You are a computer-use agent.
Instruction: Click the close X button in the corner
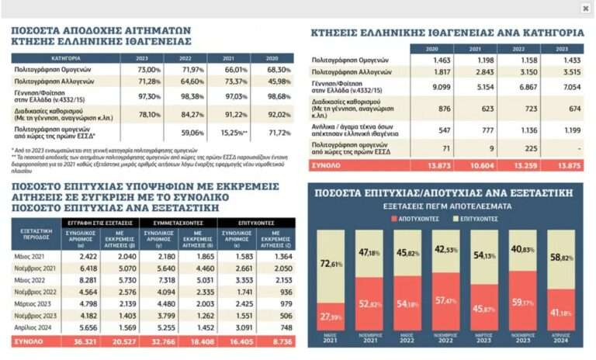click(585, 9)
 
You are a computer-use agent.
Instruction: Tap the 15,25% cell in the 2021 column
click(234, 133)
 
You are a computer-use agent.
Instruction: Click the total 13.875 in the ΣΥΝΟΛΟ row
click(559, 166)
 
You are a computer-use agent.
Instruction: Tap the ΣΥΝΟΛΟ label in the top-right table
click(326, 166)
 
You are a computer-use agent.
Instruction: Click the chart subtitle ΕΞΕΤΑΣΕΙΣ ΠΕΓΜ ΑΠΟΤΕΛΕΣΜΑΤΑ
click(447, 206)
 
